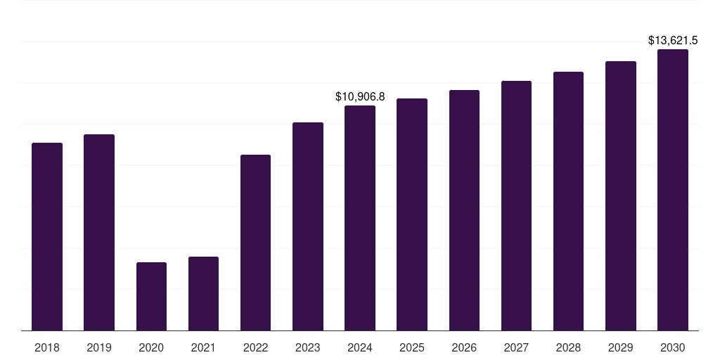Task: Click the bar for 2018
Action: tap(47, 236)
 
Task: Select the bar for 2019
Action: tap(99, 232)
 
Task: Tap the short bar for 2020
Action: tap(151, 296)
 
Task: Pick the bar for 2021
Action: tap(203, 293)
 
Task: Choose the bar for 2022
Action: tap(255, 243)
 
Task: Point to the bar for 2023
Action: tap(308, 226)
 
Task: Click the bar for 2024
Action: tap(360, 218)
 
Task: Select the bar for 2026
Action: tap(464, 210)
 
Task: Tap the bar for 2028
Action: tap(568, 201)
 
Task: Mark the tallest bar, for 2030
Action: tap(673, 190)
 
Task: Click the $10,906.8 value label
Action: tap(360, 96)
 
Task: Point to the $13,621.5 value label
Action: tap(673, 41)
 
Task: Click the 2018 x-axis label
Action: tap(47, 347)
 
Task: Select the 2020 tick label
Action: tap(151, 347)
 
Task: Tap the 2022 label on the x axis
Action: tap(255, 347)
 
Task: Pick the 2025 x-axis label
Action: tap(412, 347)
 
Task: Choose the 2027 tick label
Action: tap(516, 347)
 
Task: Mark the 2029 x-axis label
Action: tap(621, 347)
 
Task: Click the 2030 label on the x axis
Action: tap(673, 347)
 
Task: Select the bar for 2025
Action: tap(412, 214)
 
